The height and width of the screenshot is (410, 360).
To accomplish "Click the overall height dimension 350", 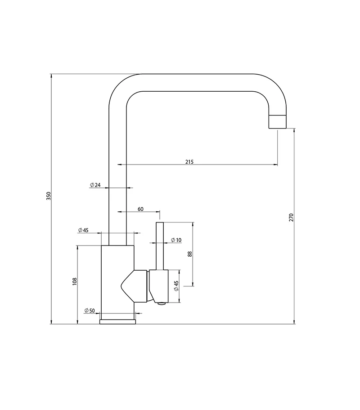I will [x=49, y=196].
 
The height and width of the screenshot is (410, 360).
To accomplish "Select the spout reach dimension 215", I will [x=189, y=162].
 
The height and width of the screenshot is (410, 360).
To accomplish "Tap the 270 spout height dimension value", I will [x=291, y=218].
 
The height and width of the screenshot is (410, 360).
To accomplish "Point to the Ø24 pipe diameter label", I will [x=95, y=185].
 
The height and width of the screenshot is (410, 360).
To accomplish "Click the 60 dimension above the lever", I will [x=140, y=209].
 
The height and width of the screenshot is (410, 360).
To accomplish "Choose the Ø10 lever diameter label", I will [x=176, y=241].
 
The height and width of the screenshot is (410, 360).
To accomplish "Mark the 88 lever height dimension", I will [x=190, y=254].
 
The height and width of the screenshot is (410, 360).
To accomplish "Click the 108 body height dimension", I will [x=75, y=281].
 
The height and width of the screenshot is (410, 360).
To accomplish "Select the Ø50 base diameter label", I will [x=89, y=311].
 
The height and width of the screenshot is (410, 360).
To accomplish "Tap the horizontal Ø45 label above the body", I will [x=83, y=230].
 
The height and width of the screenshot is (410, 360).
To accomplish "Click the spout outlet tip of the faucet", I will [x=277, y=122].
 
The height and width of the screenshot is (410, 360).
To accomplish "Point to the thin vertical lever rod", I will [x=159, y=245].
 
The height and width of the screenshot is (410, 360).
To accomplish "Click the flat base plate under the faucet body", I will [x=117, y=321].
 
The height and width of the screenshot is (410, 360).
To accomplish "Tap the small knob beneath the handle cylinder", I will [x=160, y=304].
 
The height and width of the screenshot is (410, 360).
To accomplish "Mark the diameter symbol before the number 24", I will [x=91, y=185].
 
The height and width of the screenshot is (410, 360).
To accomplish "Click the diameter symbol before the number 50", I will [x=86, y=311].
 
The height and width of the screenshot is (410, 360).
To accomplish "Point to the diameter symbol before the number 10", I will [x=173, y=241].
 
